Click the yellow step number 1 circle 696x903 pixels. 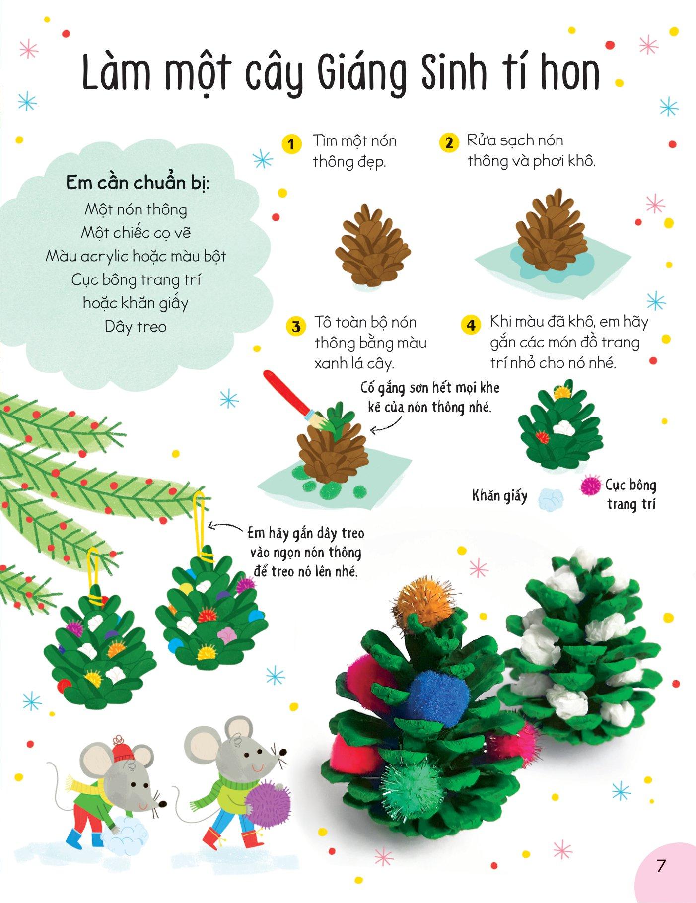coord(291,144)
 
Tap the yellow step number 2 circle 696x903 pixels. coord(449,143)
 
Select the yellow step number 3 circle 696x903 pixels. coord(296,327)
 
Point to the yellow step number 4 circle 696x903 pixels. coord(471,325)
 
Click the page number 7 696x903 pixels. coord(661,866)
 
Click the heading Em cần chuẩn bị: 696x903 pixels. coord(138,183)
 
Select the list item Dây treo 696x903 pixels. coord(136,327)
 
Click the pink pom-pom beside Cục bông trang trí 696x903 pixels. coord(590,486)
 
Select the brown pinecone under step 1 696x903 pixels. coord(373,246)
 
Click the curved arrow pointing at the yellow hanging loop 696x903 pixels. coord(227,528)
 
